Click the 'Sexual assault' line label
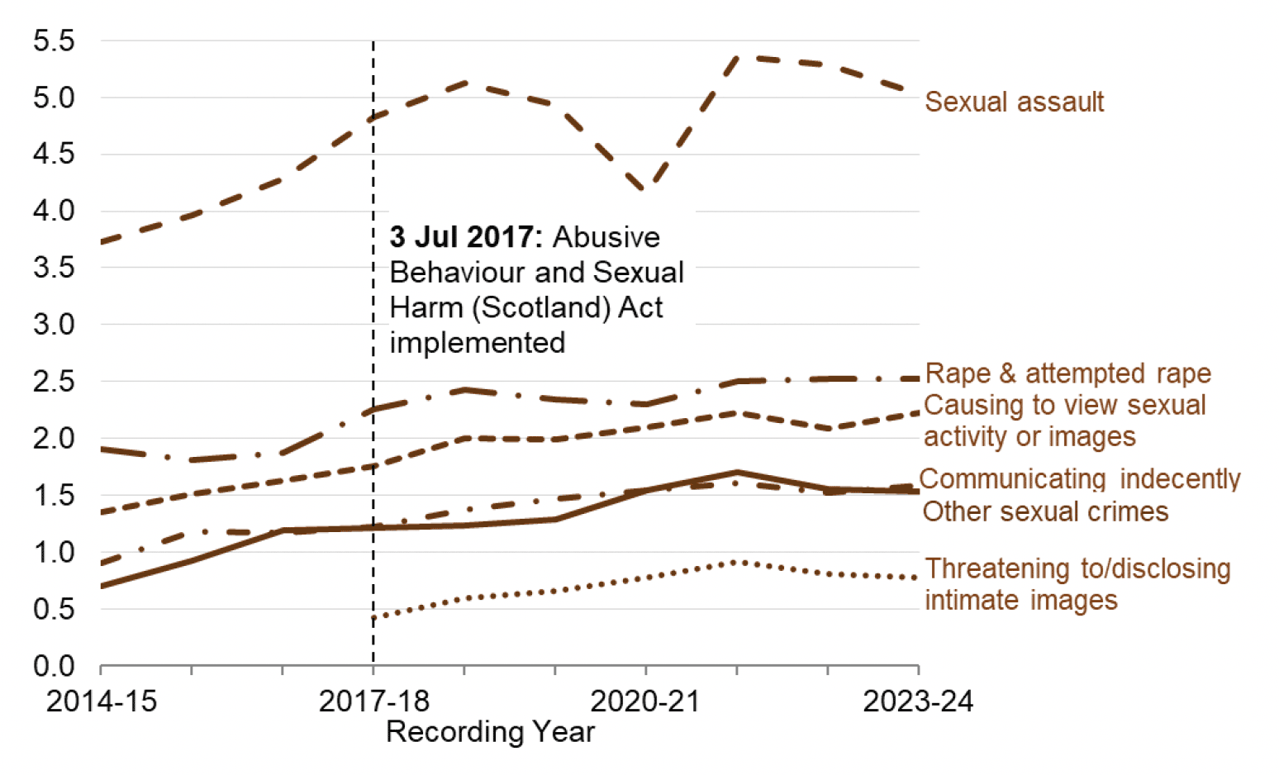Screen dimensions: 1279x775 pos(1014,102)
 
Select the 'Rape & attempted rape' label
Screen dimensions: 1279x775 pos(1067,373)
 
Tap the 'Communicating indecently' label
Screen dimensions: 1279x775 pos(1079,479)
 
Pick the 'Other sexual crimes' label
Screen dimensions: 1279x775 pos(1045,511)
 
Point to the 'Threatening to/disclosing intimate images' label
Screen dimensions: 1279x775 pos(1077,584)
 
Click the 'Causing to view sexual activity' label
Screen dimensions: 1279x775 pos(1064,421)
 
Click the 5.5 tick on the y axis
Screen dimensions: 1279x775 pos(54,40)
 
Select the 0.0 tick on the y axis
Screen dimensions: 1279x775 pos(54,666)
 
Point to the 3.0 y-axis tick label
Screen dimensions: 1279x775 pos(54,325)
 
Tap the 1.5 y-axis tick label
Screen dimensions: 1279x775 pos(54,496)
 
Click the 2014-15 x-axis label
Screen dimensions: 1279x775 pos(101,701)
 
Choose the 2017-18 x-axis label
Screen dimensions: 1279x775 pos(373,701)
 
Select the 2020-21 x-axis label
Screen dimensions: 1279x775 pos(645,701)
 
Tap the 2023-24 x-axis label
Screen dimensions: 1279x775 pos(918,701)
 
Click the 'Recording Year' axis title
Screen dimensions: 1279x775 pos(490,732)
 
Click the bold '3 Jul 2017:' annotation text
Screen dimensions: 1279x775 pos(465,237)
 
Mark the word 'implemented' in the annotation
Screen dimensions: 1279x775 pos(477,342)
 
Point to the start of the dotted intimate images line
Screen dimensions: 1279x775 pos(374,617)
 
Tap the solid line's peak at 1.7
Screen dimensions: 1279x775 pos(737,473)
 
